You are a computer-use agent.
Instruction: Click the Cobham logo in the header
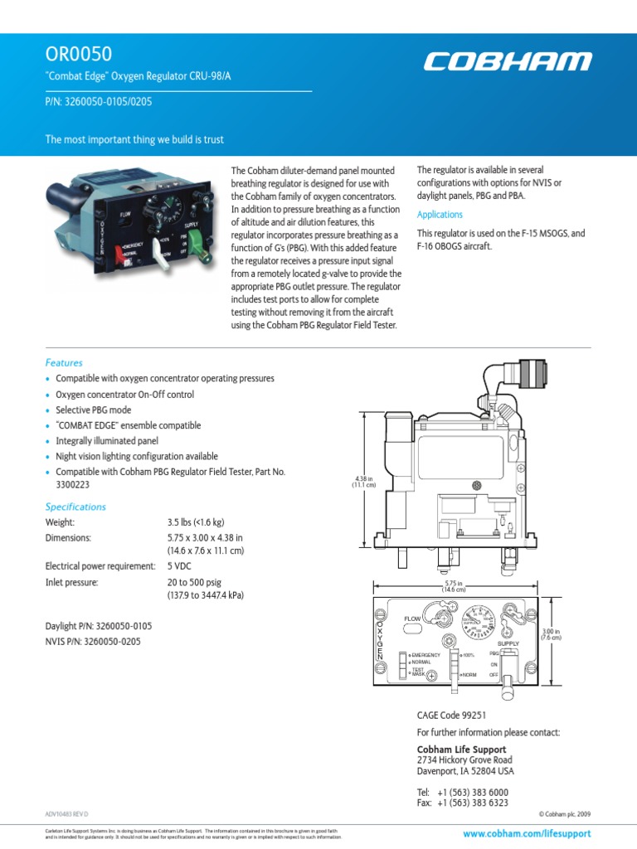click(508, 61)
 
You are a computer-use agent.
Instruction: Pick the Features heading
click(64, 362)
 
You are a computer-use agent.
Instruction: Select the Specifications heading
click(75, 507)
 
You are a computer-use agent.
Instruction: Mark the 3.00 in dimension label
click(552, 634)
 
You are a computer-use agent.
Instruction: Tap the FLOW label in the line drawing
click(412, 619)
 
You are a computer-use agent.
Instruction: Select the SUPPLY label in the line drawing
click(508, 643)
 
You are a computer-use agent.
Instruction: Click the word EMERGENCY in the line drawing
click(425, 655)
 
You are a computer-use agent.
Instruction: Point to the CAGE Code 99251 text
click(450, 715)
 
